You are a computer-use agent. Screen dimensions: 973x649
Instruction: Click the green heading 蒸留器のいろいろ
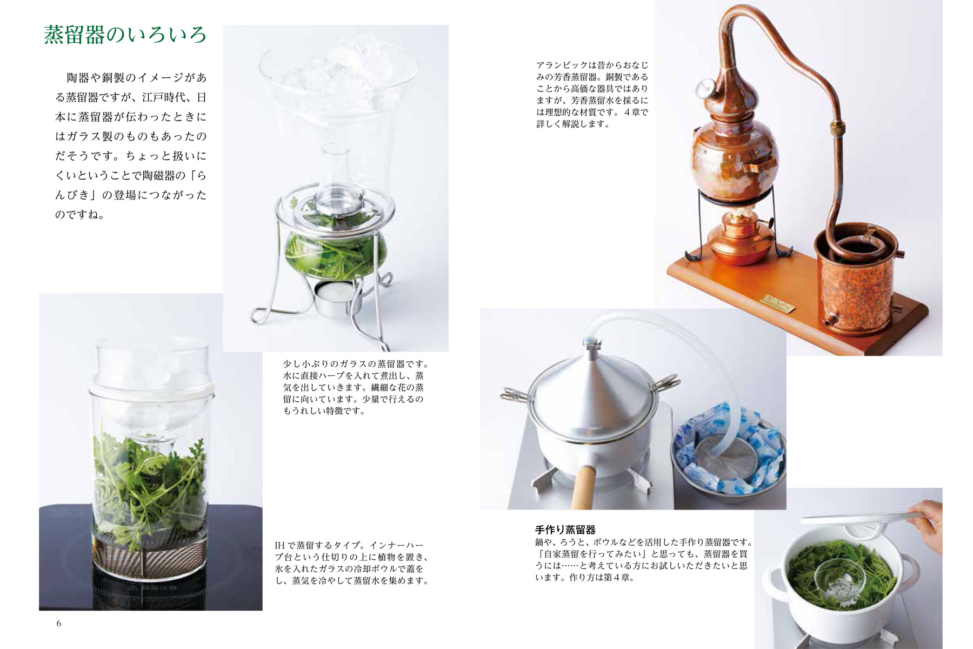125,35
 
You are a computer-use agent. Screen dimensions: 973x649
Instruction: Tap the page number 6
59,624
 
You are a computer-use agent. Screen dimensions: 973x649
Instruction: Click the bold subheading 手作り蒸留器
565,530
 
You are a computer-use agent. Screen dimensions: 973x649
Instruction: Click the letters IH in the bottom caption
279,546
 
